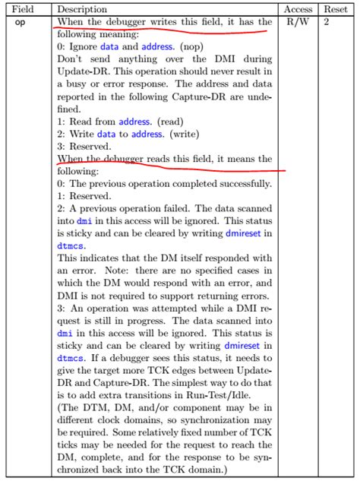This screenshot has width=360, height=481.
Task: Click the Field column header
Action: point(25,10)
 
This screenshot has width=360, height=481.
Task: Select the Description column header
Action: point(85,10)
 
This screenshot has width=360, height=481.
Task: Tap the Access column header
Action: point(298,10)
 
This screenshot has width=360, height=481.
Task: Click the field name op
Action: point(21,23)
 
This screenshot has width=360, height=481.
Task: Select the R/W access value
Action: point(298,23)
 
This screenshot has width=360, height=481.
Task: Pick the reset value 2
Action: point(327,23)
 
